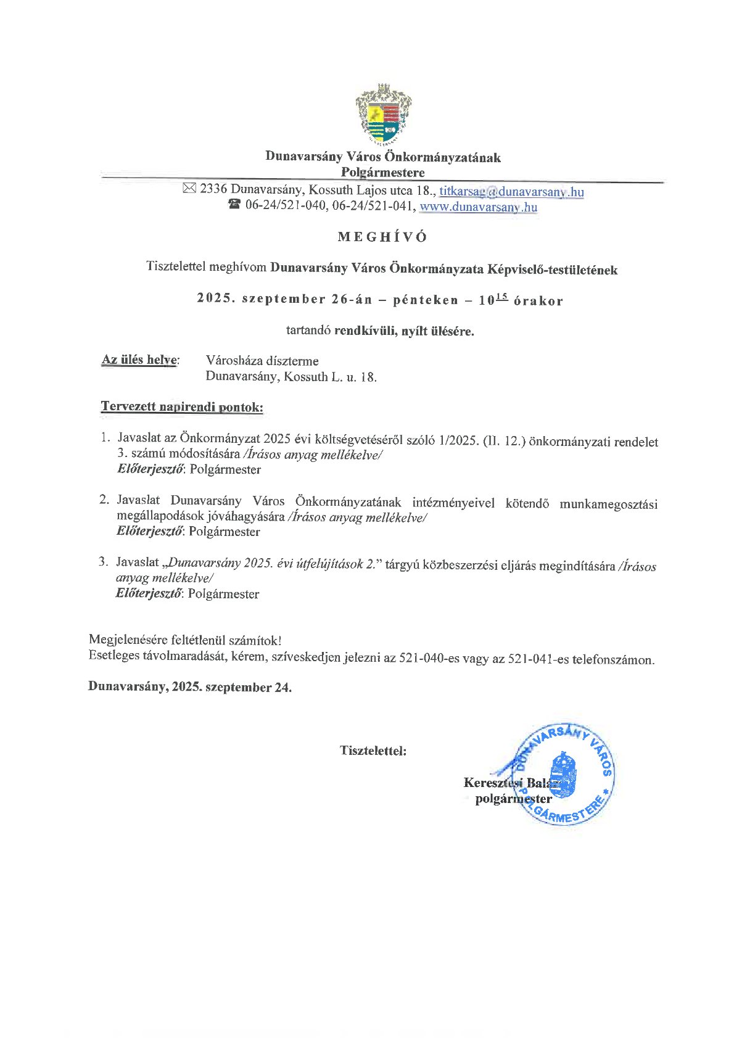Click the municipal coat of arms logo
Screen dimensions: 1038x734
383,115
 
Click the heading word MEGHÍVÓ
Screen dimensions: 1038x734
382,237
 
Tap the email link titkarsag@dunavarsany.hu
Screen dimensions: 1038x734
511,191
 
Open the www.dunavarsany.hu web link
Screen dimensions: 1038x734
478,207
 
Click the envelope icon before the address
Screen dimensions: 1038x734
189,189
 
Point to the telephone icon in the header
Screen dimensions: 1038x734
234,205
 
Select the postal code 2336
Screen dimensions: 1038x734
213,189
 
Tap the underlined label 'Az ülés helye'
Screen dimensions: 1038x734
140,360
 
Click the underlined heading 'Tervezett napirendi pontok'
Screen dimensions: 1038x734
182,407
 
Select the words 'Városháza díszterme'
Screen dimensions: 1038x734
262,361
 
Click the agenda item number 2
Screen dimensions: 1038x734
104,500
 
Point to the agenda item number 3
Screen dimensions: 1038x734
104,562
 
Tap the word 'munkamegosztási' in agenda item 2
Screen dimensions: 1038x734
608,504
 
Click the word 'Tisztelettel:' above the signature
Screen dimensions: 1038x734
373,751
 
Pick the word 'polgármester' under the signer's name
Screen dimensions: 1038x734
513,799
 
